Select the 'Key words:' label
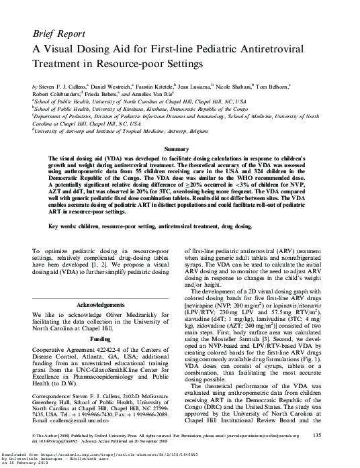pos(64,227)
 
